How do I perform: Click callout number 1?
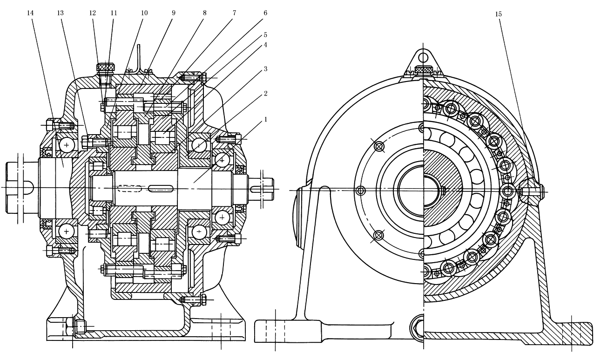coord(265,120)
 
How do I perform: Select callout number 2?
coord(265,93)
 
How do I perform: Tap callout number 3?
coord(265,68)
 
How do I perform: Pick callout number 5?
coord(265,34)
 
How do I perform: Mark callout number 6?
coord(265,13)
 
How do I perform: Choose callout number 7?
coord(235,13)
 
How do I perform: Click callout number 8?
coord(204,13)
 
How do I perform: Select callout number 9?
coord(173,13)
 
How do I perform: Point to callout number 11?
coord(114,13)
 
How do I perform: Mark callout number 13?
coord(60,13)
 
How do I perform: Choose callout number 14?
coord(31,13)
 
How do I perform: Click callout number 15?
coord(499,14)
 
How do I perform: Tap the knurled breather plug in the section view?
coord(106,68)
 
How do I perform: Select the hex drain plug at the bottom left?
coord(79,327)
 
